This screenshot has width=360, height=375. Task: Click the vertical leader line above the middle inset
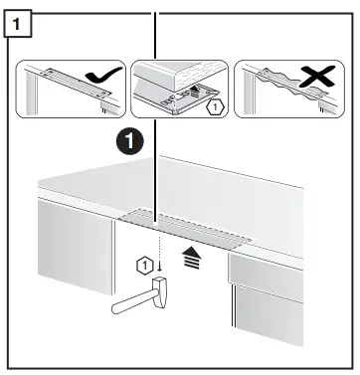(x=155, y=35)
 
